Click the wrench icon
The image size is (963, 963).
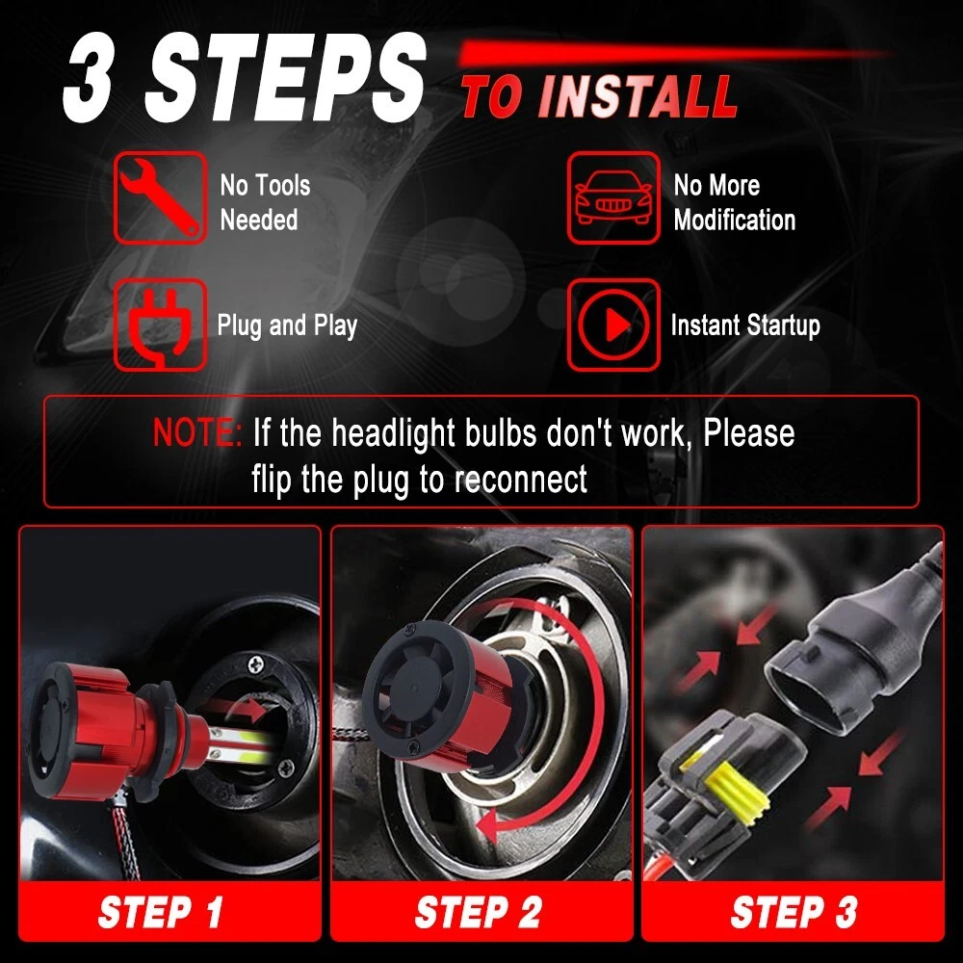pos(160,197)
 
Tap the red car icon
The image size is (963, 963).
pos(612,197)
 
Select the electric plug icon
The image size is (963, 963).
pos(160,325)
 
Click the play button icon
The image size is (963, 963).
pos(612,325)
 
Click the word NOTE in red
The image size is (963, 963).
pos(197,432)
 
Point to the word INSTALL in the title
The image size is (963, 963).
pos(637,96)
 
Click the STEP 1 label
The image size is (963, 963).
pos(160,911)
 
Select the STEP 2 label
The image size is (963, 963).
pos(479,911)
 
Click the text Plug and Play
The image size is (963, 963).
pos(287,325)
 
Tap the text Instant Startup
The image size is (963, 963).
pos(745,325)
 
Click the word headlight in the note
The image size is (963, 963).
pos(393,433)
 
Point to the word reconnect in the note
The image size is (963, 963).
pos(521,480)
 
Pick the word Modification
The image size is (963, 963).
pos(735,220)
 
